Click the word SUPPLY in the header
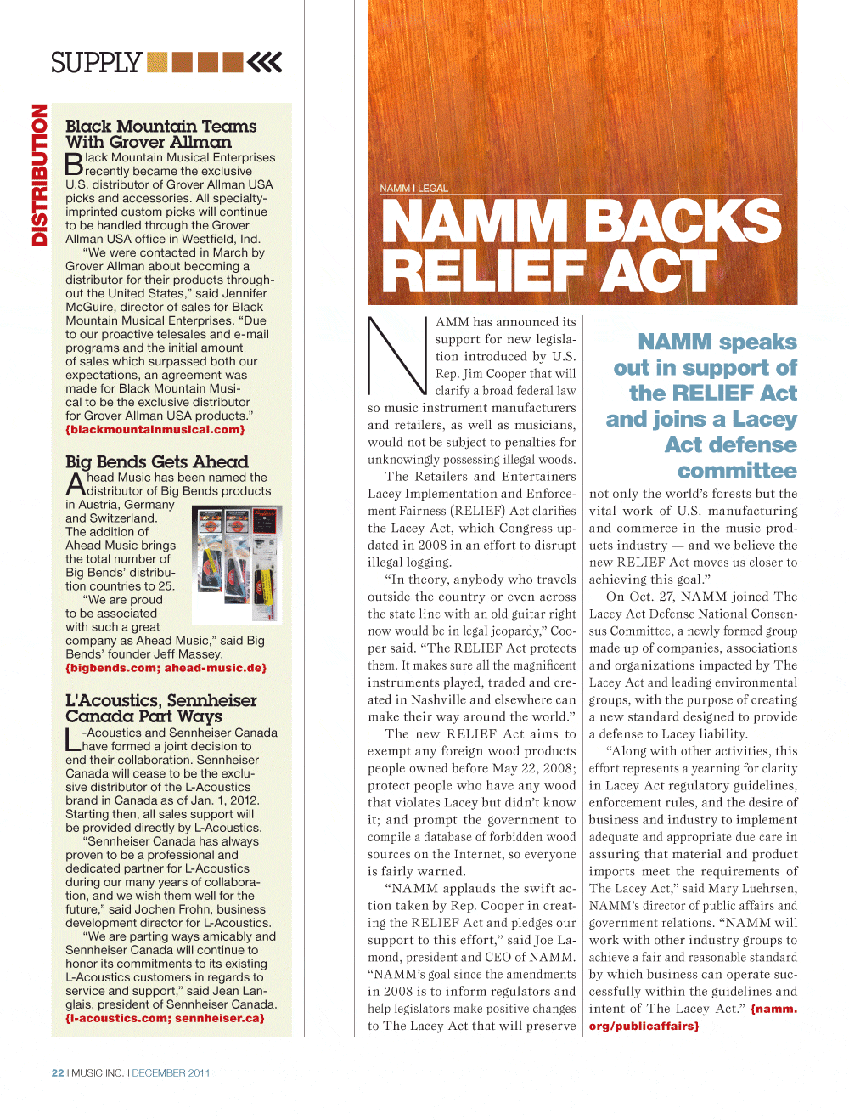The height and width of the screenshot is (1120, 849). coord(96,63)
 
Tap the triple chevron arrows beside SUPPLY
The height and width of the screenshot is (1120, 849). coord(265,62)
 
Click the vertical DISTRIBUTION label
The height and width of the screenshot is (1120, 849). coord(39,175)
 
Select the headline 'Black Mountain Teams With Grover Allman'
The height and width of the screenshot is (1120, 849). coord(160,134)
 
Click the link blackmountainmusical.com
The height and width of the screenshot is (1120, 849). coord(155,430)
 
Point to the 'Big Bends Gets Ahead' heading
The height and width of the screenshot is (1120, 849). coord(157,462)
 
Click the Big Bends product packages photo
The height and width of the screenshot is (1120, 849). coord(237,564)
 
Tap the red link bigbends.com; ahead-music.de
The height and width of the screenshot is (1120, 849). coord(166,669)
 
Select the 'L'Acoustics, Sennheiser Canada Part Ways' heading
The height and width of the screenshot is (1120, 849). coord(160,709)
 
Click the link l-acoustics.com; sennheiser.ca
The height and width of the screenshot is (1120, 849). coord(165,1019)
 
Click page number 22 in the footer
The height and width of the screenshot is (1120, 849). coord(58,1073)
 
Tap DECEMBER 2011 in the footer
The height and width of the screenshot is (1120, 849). coord(171,1073)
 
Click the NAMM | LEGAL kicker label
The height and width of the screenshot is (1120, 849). coord(413,189)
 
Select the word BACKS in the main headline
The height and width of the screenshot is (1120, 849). coord(682,222)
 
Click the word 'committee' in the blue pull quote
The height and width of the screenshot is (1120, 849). coord(737,471)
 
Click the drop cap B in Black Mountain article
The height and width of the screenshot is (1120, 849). coord(74,164)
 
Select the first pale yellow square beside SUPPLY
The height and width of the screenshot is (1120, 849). coord(157,62)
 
